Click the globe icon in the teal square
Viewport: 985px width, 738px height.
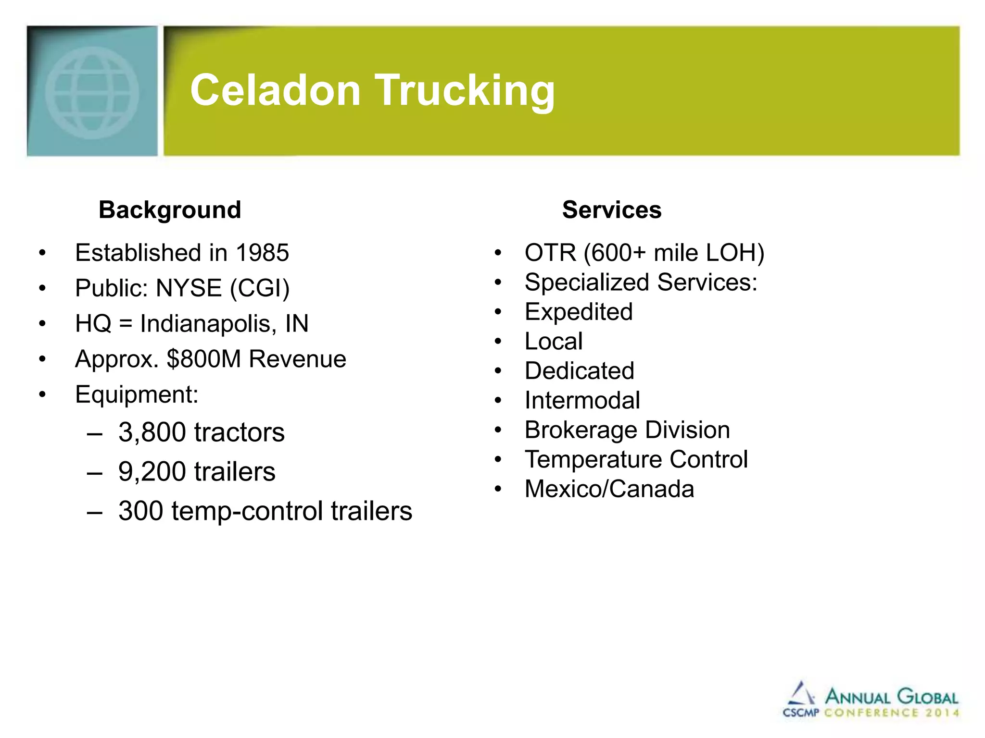(x=92, y=93)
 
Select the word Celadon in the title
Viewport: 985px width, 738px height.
(x=276, y=91)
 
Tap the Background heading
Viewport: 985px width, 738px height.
(x=170, y=210)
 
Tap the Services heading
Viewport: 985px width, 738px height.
(x=612, y=210)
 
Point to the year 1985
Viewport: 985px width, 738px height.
(x=262, y=253)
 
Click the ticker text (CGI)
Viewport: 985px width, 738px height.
(x=260, y=288)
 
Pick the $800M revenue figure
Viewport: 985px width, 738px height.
(x=203, y=359)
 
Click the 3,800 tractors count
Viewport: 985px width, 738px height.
(x=152, y=432)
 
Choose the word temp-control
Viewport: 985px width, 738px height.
(x=247, y=511)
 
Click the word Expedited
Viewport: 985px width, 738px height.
(x=579, y=312)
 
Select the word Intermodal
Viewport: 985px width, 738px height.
(x=582, y=400)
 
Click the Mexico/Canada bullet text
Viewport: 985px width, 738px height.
(x=609, y=489)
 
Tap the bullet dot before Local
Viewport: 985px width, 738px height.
(x=498, y=342)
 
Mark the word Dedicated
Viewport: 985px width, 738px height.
(x=580, y=371)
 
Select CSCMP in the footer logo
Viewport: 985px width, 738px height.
(x=801, y=713)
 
